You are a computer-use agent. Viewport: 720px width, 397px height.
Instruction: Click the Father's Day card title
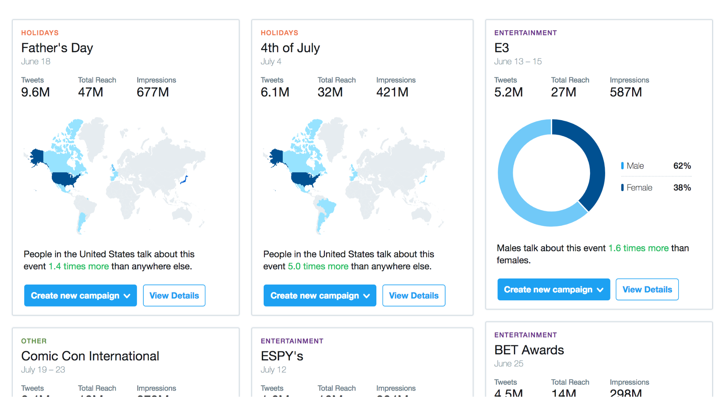pyautogui.click(x=57, y=48)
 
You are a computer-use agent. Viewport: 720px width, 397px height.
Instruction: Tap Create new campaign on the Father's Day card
pyautogui.click(x=80, y=296)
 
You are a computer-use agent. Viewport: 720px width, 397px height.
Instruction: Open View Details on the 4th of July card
pyautogui.click(x=413, y=296)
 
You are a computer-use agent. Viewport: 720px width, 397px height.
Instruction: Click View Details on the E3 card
pyautogui.click(x=647, y=290)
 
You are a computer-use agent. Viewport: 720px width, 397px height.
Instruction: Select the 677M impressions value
pyautogui.click(x=153, y=92)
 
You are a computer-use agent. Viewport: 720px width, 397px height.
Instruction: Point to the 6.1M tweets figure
pyautogui.click(x=275, y=92)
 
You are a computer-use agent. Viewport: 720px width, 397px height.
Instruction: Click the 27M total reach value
pyautogui.click(x=563, y=92)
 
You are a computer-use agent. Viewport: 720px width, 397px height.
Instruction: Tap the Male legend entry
pyautogui.click(x=635, y=166)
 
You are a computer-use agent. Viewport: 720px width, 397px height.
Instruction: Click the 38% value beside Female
pyautogui.click(x=682, y=188)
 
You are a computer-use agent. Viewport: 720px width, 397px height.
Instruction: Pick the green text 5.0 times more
pyautogui.click(x=318, y=266)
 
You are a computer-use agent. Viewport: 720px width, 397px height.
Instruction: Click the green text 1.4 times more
pyautogui.click(x=79, y=266)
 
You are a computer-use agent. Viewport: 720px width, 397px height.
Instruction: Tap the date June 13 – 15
pyautogui.click(x=518, y=62)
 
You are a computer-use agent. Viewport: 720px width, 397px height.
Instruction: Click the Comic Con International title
pyautogui.click(x=90, y=356)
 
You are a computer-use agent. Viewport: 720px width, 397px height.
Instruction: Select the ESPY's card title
pyautogui.click(x=282, y=356)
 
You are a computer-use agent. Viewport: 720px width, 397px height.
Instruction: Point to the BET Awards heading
pyautogui.click(x=529, y=350)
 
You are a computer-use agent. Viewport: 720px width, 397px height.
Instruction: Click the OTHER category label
pyautogui.click(x=34, y=341)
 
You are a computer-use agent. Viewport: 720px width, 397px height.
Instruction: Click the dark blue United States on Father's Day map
pyautogui.click(x=65, y=178)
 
